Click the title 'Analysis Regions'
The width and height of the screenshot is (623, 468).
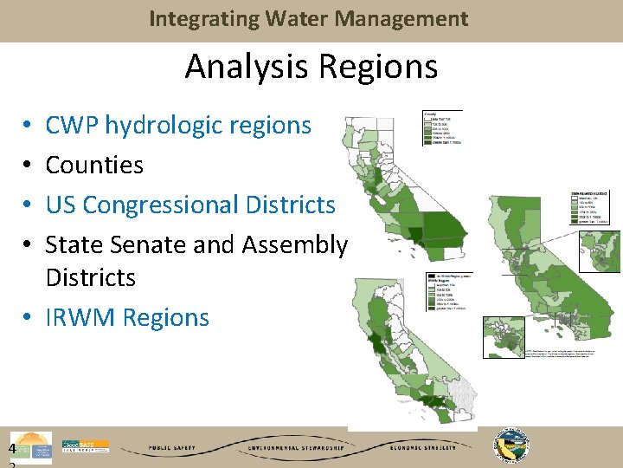tap(311, 67)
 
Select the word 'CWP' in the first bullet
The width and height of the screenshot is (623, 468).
tap(72, 126)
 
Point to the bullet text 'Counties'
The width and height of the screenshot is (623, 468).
tap(94, 165)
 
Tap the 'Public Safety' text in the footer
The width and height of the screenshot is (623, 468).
tap(172, 448)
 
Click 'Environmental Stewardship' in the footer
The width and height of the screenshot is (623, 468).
tap(296, 448)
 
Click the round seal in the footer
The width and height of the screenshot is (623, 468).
tap(511, 446)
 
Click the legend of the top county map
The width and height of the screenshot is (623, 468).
tap(441, 127)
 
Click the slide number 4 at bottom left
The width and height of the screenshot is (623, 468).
tap(10, 449)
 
